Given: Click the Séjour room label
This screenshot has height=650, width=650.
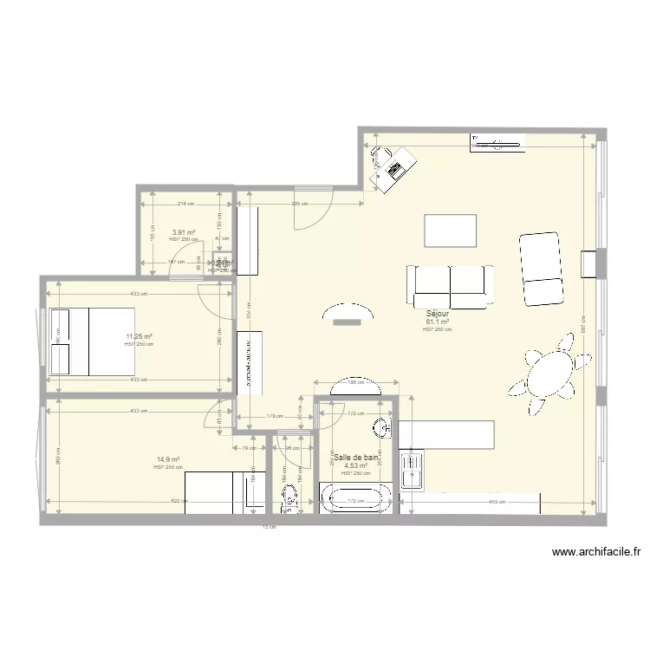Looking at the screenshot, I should click(438, 314).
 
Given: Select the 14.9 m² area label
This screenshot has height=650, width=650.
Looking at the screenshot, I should click(168, 460).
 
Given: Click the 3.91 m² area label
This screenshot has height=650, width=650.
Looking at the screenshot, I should click(183, 232).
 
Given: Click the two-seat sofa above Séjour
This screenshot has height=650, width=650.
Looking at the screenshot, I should click(450, 285).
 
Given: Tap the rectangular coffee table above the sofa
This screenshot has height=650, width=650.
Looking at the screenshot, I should click(451, 231).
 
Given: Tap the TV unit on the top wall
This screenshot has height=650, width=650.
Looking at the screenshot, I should click(497, 144).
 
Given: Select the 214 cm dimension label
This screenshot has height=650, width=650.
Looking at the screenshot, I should click(185, 204).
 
